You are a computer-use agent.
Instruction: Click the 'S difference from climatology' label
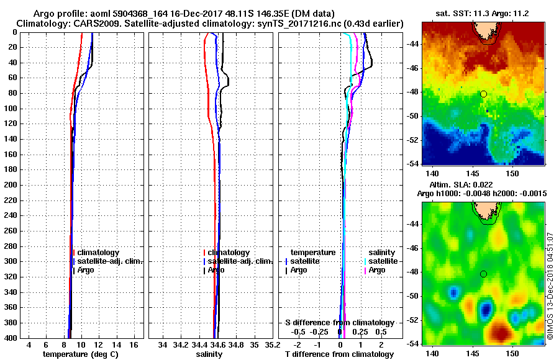[340, 323]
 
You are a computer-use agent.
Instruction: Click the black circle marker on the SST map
[483, 94]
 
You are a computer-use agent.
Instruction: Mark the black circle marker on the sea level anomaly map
[483, 274]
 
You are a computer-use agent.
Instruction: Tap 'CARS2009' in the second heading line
[87, 23]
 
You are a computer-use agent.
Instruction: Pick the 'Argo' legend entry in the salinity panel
[217, 270]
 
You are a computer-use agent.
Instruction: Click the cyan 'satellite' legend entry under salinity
[384, 261]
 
